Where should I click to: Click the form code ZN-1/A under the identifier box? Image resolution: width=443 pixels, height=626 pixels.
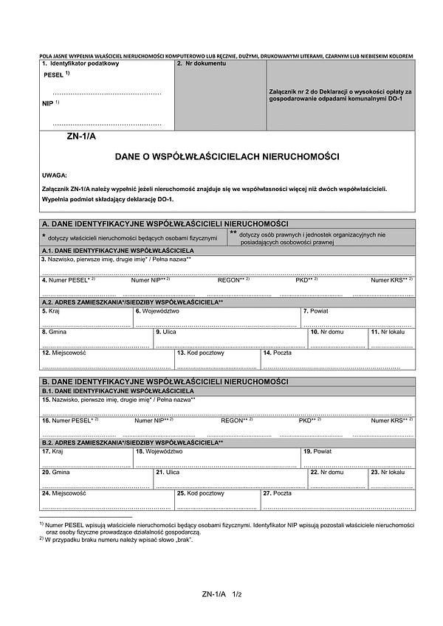tap(81, 136)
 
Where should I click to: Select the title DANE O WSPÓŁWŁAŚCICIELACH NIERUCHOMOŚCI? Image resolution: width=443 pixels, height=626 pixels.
tap(227, 157)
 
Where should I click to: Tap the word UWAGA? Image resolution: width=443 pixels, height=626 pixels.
tap(55, 175)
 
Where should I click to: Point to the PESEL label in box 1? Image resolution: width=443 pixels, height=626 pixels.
tap(55, 75)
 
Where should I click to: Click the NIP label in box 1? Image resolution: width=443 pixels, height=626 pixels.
tap(48, 104)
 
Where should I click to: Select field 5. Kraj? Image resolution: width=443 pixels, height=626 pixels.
tap(86, 318)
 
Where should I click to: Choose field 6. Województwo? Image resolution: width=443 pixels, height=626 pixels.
tap(216, 318)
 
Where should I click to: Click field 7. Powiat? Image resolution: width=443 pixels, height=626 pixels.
tap(357, 318)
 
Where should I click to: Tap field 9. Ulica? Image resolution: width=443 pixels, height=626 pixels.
tap(230, 338)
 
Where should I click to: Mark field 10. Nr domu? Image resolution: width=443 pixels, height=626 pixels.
tap(337, 338)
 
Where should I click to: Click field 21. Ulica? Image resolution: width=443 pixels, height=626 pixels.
tap(230, 479)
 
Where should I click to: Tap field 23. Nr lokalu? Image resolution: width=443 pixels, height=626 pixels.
tap(391, 479)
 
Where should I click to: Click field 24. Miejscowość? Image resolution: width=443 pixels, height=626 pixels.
tap(106, 500)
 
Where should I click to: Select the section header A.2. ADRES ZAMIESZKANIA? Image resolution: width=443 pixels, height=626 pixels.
tap(133, 302)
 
